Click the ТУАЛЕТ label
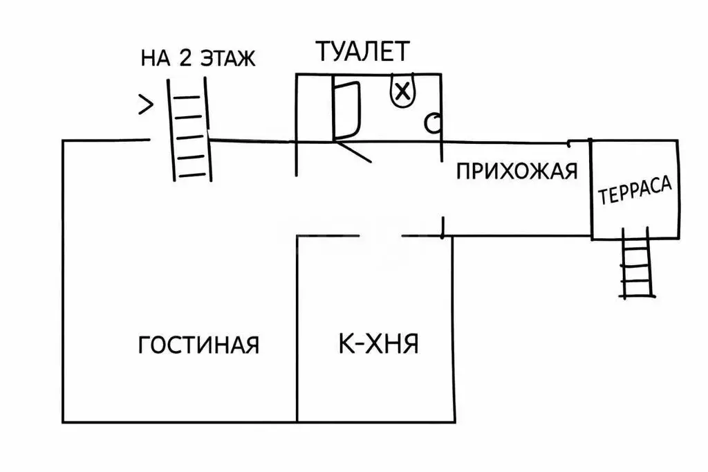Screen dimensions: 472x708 point(363,51)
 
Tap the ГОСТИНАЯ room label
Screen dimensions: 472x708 point(198,344)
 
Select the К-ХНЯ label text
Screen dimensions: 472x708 point(378,343)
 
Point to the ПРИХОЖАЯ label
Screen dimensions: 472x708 point(516,170)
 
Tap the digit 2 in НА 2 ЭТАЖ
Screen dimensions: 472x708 point(185,58)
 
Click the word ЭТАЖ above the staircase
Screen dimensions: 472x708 point(227,59)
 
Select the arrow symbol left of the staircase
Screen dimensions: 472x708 point(145,105)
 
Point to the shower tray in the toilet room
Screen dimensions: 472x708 point(346,109)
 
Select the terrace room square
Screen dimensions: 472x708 point(635,189)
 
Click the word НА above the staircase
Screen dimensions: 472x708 point(156,59)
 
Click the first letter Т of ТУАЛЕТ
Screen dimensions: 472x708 point(324,51)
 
